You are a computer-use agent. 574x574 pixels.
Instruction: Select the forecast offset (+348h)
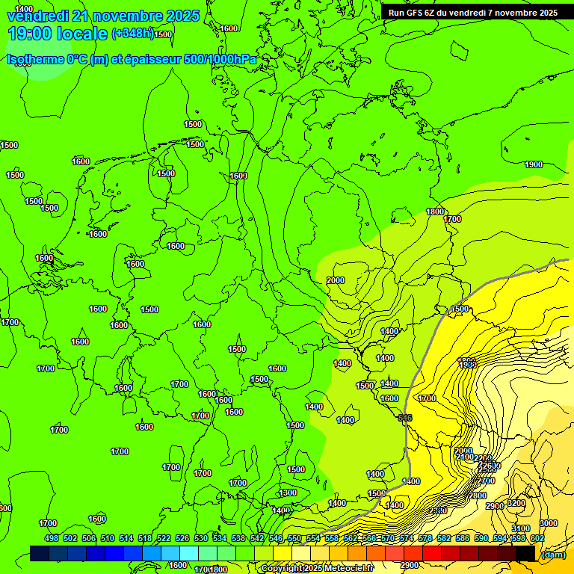tap(133, 34)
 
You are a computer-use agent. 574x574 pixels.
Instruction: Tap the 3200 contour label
tap(516, 503)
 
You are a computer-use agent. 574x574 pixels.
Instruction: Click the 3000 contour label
tap(549, 523)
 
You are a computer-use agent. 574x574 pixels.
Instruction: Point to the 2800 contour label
tap(477, 496)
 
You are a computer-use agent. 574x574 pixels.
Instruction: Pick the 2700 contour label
tap(485, 481)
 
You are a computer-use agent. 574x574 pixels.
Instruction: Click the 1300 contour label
tap(288, 493)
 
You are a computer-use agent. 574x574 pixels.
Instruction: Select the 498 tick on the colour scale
tap(52, 538)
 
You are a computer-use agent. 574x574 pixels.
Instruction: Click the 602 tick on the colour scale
tap(537, 538)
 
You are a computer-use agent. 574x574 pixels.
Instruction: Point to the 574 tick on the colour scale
tap(407, 538)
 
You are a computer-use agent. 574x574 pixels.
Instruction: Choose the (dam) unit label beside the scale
tap(553, 554)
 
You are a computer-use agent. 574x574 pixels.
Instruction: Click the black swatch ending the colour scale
tap(525, 553)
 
